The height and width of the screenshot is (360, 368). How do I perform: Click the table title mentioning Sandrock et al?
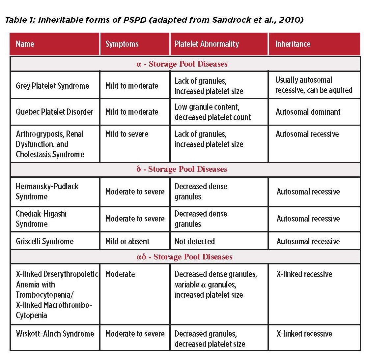[154, 20]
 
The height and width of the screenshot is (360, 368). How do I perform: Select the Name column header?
[25, 44]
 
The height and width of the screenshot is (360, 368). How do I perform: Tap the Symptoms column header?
[122, 44]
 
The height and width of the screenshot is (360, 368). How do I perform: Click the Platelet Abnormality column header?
[207, 44]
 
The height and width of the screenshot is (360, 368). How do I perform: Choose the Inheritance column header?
[293, 44]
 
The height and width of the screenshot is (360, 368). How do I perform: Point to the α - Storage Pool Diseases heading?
[182, 64]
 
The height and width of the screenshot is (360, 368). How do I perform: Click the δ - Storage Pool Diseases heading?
[182, 169]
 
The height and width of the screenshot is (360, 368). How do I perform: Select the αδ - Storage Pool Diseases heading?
[184, 257]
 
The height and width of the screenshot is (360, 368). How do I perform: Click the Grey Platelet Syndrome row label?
[52, 86]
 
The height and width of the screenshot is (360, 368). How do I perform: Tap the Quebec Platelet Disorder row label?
[54, 112]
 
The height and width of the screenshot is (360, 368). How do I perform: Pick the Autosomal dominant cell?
[308, 112]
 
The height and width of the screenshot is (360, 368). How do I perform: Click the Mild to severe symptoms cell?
[127, 134]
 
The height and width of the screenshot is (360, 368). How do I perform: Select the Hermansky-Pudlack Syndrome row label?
[47, 192]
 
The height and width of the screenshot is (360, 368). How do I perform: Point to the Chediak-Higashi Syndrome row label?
[41, 219]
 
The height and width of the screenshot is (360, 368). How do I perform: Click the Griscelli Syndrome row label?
[45, 241]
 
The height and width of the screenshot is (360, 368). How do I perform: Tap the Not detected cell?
[195, 241]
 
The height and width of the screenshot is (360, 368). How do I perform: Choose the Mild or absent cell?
[127, 241]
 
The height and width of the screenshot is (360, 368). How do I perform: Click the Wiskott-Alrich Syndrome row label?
[55, 334]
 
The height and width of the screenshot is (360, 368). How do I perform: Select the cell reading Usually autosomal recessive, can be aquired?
[314, 85]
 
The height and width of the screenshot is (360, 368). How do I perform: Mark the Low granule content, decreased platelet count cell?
[212, 112]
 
